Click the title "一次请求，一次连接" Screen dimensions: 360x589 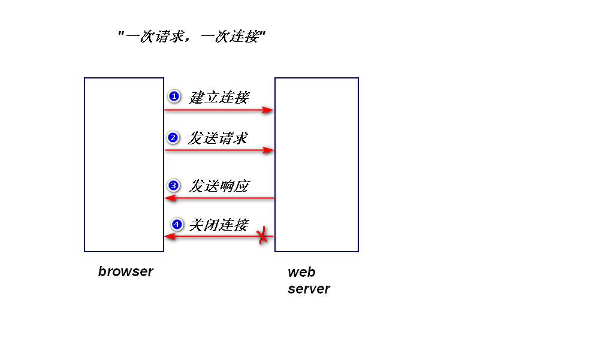192,37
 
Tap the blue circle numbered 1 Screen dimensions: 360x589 174,96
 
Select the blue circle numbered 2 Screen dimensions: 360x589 173,138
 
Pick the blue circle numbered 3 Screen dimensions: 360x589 174,186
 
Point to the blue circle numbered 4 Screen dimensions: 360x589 176,225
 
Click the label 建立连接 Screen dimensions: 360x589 219,97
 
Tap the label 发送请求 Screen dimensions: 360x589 218,138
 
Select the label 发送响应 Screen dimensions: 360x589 219,186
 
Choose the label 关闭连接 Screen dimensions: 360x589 219,225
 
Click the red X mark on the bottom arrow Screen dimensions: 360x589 262,236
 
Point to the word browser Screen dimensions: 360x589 126,271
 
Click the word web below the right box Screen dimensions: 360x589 301,273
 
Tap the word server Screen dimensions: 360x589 309,289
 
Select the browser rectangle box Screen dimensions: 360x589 124,165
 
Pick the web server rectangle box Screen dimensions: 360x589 316,165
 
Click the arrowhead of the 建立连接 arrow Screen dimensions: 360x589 268,110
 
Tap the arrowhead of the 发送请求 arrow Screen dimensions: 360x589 268,150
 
